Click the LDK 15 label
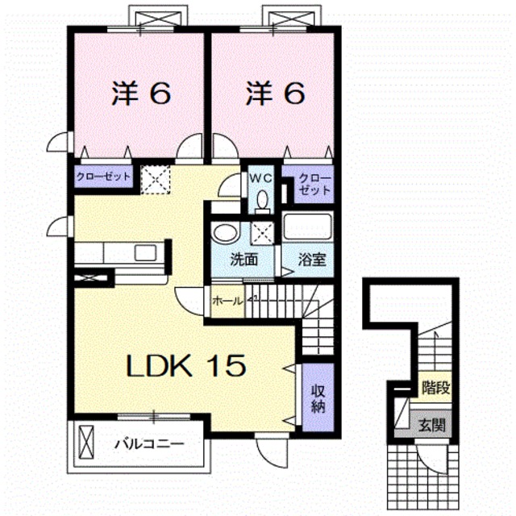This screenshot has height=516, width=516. click(186, 365)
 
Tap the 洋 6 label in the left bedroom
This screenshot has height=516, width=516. click(142, 94)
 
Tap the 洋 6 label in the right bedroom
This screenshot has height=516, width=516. click(276, 94)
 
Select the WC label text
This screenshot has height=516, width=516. click(261, 178)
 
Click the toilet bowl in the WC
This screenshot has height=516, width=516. click(262, 199)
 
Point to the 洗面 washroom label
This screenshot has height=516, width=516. click(243, 260)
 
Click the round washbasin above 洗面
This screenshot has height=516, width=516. click(226, 232)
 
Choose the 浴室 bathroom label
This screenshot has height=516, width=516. click(312, 260)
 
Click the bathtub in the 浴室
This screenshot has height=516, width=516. click(307, 227)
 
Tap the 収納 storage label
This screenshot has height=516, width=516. click(318, 399)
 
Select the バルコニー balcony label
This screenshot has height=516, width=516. click(149, 444)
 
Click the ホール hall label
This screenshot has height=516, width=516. click(227, 301)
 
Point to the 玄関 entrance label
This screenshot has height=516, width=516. click(432, 426)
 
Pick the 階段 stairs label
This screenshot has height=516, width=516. click(435, 389)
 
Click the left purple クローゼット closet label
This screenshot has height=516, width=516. click(103, 177)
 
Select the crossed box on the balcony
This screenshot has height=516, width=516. click(86, 443)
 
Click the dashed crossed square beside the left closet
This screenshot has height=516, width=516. click(156, 180)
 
